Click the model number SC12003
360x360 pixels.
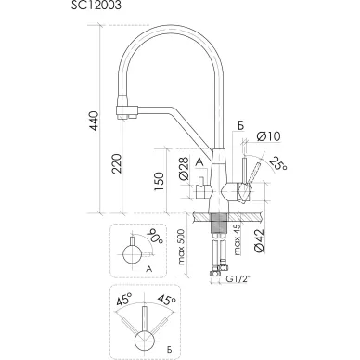point(96,5)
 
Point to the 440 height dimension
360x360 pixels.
point(94,121)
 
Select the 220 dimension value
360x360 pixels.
point(117,163)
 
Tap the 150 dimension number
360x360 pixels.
point(159,181)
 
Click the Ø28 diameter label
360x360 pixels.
point(184,169)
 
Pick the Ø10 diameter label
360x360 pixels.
point(268,136)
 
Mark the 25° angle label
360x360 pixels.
point(277,163)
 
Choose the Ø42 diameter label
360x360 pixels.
point(259,240)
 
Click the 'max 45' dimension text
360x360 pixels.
point(237,240)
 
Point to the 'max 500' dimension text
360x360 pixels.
point(181,247)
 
